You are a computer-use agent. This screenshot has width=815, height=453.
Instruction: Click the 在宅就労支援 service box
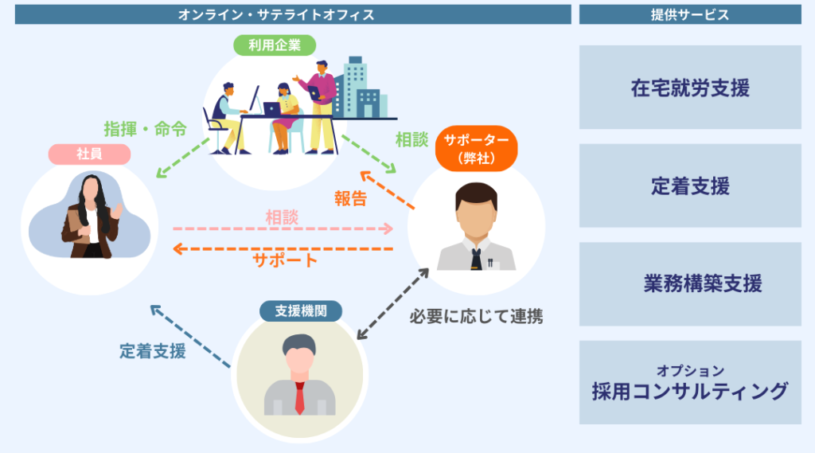(x=690, y=88)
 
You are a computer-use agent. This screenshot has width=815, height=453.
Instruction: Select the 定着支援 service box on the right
(x=690, y=186)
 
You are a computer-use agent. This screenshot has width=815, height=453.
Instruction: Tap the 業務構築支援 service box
(x=690, y=284)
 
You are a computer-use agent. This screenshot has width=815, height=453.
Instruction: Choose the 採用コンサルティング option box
(x=690, y=383)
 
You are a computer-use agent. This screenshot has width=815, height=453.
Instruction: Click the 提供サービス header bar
(x=690, y=14)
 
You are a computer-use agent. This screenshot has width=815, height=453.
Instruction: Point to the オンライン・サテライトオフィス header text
(x=293, y=14)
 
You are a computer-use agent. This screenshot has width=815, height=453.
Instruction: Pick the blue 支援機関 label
(x=301, y=310)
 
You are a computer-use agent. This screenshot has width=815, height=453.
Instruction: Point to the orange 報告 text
(x=350, y=199)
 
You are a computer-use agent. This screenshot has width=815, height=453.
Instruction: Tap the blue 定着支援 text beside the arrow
(x=153, y=350)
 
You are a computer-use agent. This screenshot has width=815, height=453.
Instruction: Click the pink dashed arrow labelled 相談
(x=283, y=228)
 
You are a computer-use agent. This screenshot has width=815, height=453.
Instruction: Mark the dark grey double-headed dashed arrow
(x=392, y=304)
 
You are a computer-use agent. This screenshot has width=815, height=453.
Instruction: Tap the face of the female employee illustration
(x=91, y=191)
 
